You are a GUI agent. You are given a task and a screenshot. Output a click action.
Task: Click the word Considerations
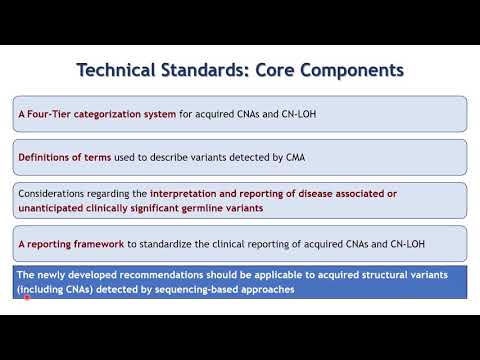[56, 192]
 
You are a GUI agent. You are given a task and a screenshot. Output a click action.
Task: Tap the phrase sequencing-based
[195, 289]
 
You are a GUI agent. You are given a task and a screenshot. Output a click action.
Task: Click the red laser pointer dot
[25, 298]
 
